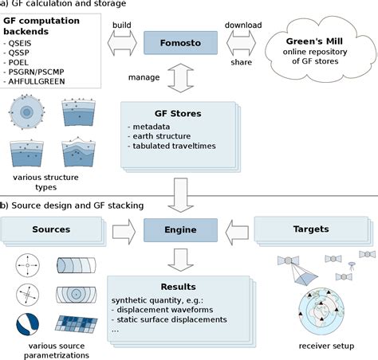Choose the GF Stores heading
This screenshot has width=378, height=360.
(175, 113)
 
